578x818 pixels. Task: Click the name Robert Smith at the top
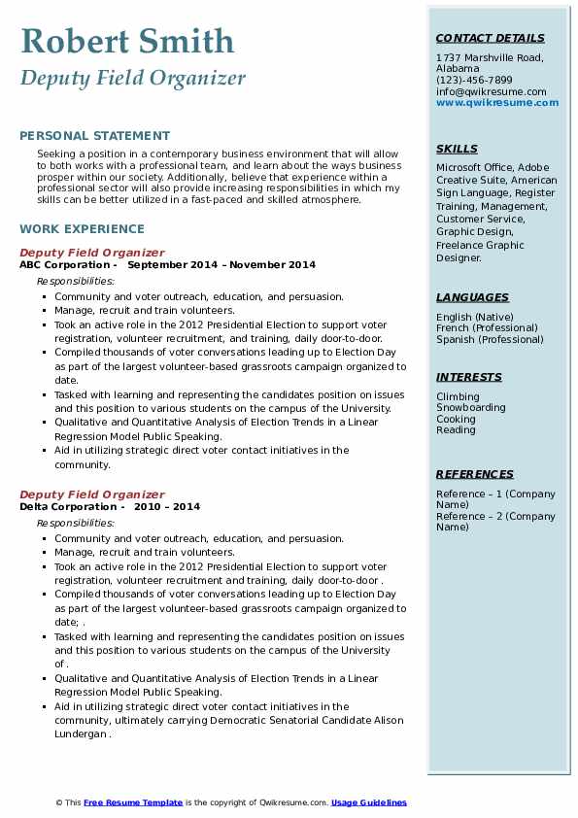127,41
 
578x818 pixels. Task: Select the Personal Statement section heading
94,136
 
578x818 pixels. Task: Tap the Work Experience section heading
82,229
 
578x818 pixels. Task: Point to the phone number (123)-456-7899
474,81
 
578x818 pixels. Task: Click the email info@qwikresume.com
491,91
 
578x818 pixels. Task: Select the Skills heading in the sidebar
457,149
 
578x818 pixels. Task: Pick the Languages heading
472,297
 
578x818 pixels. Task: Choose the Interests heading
469,377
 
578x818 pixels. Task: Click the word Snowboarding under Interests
471,408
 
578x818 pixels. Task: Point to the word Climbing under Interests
458,396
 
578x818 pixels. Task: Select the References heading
475,474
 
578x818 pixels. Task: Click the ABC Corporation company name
65,265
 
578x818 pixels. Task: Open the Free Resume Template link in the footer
132,802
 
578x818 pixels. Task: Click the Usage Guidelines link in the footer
368,802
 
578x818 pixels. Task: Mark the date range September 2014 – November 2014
221,265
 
